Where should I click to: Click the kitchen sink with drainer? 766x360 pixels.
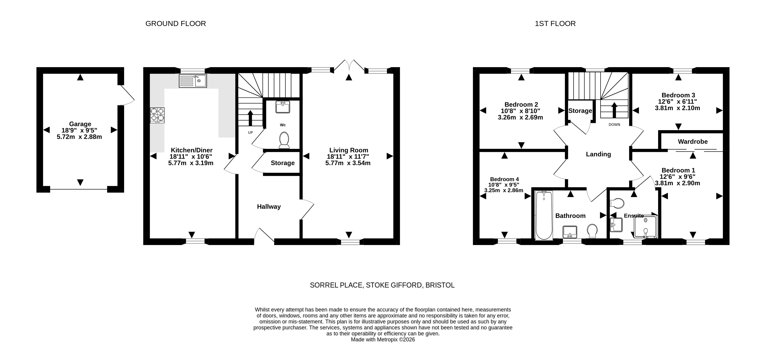pos(193,81)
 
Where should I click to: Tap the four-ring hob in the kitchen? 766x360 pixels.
pos(157,115)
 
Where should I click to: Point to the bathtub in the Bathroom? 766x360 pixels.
pos(544,215)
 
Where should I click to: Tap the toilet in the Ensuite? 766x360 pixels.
pos(617,203)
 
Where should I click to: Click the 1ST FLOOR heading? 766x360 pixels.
pos(555,24)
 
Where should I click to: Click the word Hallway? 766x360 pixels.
pos(269,207)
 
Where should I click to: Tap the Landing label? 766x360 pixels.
pos(598,154)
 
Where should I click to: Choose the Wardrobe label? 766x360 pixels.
pos(693,142)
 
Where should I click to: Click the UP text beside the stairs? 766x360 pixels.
pos(250,132)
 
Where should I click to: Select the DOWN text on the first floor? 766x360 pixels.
pos(614,125)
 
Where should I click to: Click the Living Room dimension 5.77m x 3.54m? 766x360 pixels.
pos(348,163)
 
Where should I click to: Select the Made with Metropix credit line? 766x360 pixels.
pos(383,339)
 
